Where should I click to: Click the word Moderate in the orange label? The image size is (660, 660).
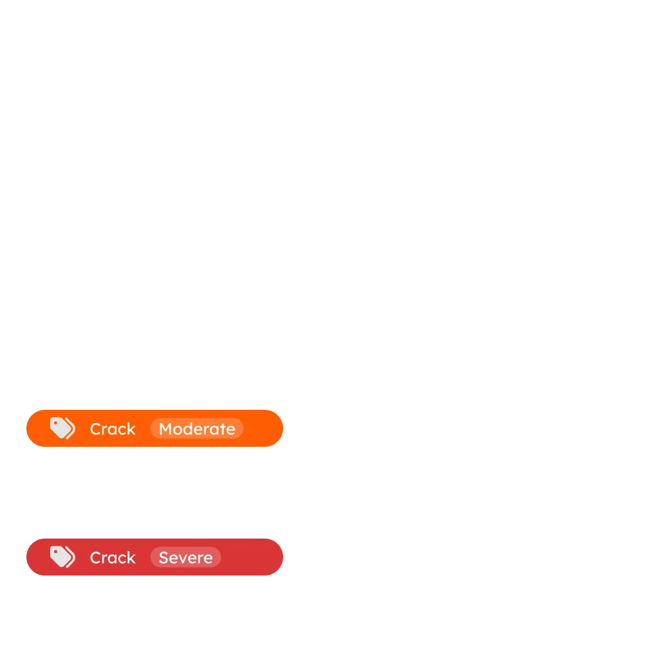coord(197,429)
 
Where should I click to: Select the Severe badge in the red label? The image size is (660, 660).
coord(185,558)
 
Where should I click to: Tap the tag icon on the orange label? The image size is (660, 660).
coord(62,428)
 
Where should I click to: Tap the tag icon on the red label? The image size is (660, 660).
coord(62,557)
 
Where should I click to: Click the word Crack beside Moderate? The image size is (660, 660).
coord(112,429)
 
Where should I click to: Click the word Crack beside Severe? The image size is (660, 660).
coord(112,558)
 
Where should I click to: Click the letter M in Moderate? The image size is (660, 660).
coord(165,429)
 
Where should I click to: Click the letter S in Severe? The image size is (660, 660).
coord(163,558)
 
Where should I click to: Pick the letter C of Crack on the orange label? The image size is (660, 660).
coord(95,429)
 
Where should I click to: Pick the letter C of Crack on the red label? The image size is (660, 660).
coord(95,558)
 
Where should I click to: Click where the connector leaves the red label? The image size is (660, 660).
coord(285,562)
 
